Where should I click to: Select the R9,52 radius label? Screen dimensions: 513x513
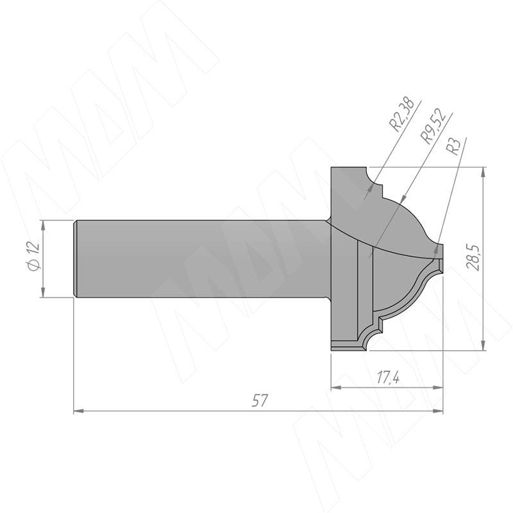pos(434,126)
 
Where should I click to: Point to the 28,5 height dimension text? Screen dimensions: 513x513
pos(474,257)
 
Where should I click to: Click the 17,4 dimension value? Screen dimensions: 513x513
pos(388,378)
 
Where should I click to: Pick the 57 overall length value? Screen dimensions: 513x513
pos(260,401)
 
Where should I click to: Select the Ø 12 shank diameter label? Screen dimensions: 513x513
pos(34,256)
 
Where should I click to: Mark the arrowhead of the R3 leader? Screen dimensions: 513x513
pos(436,249)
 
